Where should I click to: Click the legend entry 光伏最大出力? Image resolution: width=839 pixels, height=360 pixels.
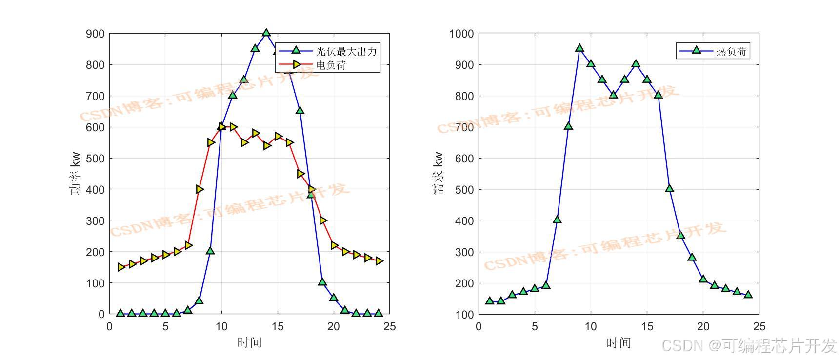tap(346, 51)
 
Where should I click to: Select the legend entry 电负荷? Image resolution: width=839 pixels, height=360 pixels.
tap(331, 65)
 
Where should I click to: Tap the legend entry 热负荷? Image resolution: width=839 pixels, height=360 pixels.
tap(731, 51)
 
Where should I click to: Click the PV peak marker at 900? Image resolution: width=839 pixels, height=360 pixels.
tap(266, 33)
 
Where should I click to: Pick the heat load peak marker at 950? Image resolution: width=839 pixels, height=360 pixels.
tap(579, 48)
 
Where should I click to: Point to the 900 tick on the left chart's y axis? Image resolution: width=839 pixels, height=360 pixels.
tap(95, 34)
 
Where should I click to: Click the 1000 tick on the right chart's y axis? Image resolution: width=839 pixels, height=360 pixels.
tap(461, 34)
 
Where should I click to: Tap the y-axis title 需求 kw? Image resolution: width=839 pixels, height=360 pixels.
tap(438, 174)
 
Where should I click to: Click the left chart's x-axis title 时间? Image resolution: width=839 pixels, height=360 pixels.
tap(249, 342)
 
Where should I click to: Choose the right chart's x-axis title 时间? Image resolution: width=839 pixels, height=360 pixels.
tap(619, 342)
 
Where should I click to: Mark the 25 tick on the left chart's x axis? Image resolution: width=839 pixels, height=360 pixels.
tap(389, 326)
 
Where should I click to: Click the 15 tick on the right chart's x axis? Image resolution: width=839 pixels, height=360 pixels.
tap(647, 326)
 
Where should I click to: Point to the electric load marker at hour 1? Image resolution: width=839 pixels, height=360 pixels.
tap(121, 267)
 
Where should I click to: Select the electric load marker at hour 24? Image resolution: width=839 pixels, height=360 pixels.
tap(379, 261)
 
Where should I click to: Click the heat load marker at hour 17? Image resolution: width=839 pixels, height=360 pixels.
tap(669, 188)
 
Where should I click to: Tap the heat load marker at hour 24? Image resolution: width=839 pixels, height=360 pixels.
tap(748, 294)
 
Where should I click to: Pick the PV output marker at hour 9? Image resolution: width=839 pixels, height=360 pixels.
tap(210, 251)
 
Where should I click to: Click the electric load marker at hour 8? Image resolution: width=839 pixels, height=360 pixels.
tap(200, 189)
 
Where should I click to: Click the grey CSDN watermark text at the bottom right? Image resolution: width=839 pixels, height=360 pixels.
tap(749, 346)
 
